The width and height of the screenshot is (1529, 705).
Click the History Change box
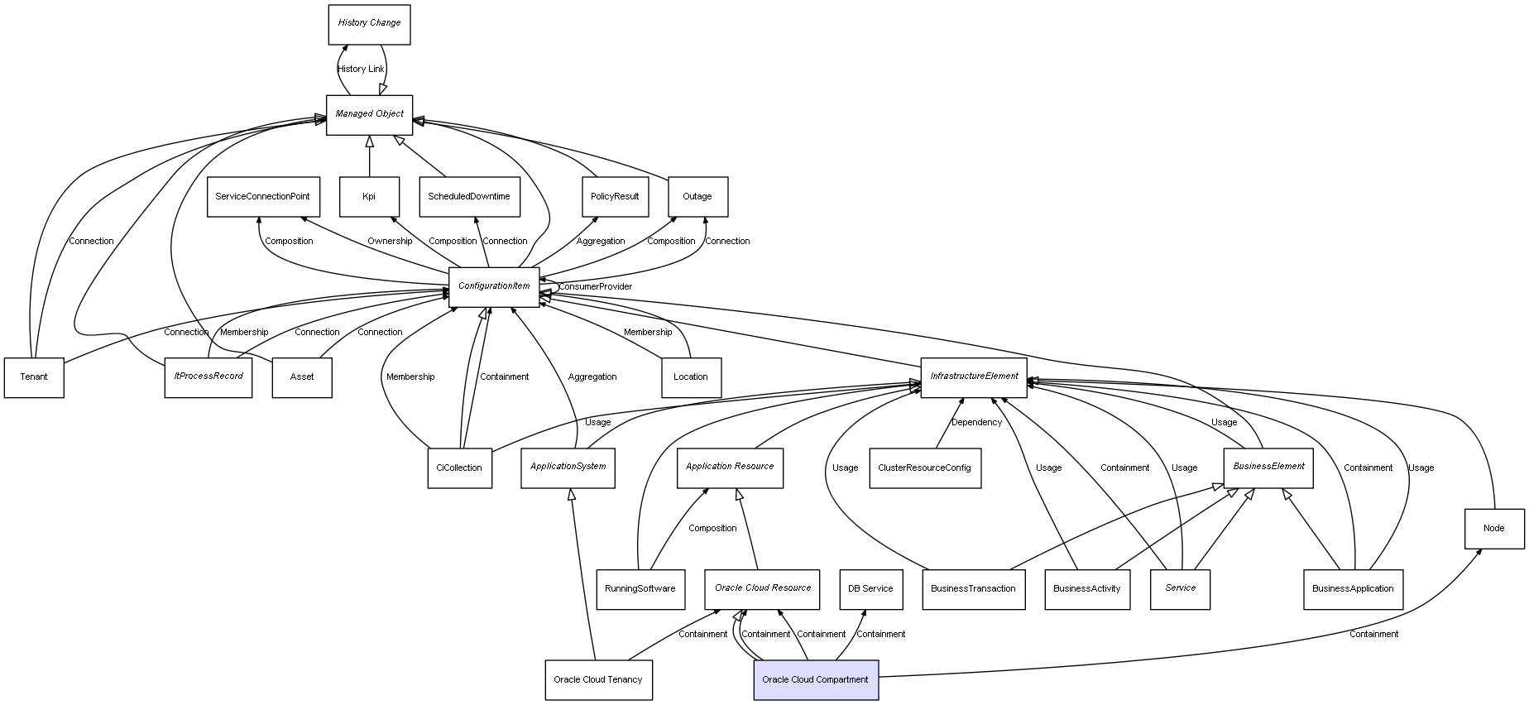tap(369, 24)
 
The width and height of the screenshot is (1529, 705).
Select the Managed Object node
tap(369, 114)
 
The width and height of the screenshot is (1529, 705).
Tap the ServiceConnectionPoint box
tap(262, 197)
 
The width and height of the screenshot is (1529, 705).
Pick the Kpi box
tap(369, 197)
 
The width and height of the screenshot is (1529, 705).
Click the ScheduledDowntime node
tap(469, 197)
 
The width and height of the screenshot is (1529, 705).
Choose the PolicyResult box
tap(615, 197)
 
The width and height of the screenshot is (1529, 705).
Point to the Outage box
tap(697, 197)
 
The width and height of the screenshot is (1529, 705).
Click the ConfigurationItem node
tap(494, 286)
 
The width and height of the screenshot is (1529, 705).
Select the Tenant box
tap(34, 377)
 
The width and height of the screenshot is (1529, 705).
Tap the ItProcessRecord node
tap(208, 377)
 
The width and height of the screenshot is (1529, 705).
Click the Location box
tap(691, 377)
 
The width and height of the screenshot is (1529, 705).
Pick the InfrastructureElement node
tap(974, 377)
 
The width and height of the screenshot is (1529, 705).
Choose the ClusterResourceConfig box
tap(925, 468)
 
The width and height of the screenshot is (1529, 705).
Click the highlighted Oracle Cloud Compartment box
tap(815, 680)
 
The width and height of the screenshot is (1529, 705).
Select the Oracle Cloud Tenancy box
tap(598, 680)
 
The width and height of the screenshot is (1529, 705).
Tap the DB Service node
tap(870, 589)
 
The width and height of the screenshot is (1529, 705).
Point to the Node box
tap(1493, 529)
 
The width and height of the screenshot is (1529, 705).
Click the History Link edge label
tap(361, 69)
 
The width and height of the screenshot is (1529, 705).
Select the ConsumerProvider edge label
tap(595, 287)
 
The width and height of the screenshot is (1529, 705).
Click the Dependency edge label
tap(976, 423)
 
